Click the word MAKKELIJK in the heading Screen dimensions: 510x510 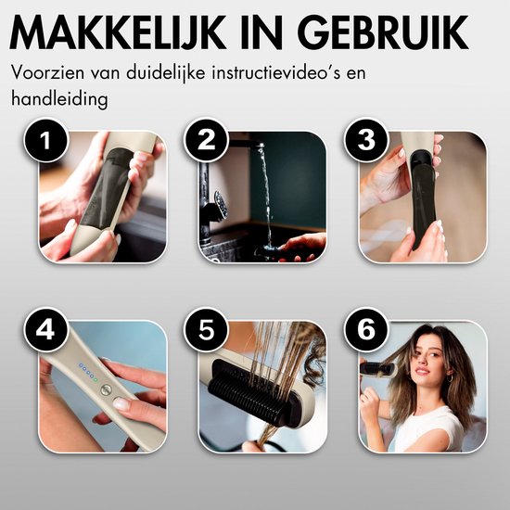tap(118, 32)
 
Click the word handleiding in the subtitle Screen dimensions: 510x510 tap(59, 98)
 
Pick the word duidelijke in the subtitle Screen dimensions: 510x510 tap(166, 72)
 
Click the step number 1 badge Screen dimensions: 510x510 tap(45, 140)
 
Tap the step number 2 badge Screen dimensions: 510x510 tap(206, 140)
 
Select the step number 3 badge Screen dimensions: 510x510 tap(366, 140)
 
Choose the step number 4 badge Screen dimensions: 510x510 tap(45, 329)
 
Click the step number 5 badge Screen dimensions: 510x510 tap(206, 329)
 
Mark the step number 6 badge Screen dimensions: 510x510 tap(366, 329)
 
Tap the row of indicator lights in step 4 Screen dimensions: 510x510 tap(88, 373)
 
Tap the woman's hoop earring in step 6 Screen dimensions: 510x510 tap(450, 378)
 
